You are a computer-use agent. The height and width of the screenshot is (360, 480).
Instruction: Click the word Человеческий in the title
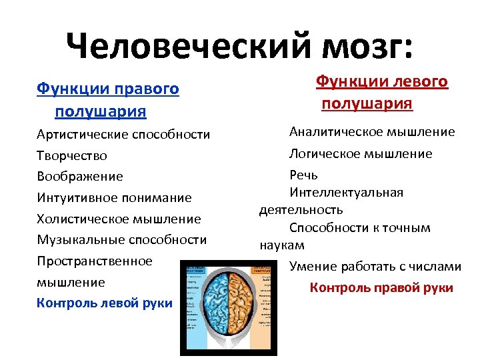[x=193, y=46]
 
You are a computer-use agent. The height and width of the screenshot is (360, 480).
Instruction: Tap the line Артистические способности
[x=123, y=134]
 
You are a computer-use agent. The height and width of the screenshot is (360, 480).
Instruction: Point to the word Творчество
[x=71, y=155]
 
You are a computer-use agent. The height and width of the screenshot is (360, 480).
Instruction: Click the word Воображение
[x=79, y=177]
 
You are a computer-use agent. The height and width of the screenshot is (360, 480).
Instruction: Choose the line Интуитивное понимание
[x=114, y=198]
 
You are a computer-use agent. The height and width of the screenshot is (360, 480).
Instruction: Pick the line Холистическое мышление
[x=119, y=219]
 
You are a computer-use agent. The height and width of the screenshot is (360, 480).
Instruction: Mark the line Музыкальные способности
[x=121, y=239]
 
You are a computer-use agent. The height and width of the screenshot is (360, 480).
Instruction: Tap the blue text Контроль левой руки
[x=104, y=303]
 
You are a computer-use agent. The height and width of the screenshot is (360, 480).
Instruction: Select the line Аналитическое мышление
[x=372, y=132]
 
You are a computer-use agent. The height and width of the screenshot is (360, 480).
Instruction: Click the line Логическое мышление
[x=360, y=153]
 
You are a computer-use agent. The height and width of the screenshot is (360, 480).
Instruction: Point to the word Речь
[x=303, y=175]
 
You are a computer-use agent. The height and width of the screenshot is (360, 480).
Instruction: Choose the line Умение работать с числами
[x=375, y=267]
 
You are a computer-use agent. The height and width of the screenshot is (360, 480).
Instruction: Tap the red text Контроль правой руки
[x=381, y=288]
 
